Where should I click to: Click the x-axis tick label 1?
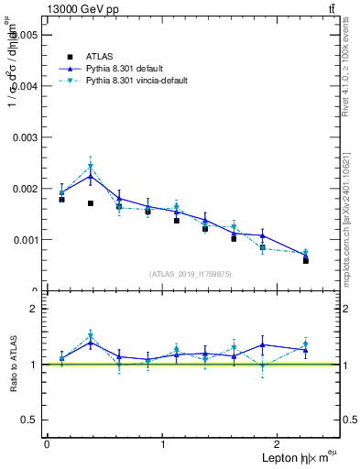click(x=163, y=443)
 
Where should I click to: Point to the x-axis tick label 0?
click(x=47, y=443)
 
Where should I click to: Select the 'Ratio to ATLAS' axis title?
click(x=11, y=365)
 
